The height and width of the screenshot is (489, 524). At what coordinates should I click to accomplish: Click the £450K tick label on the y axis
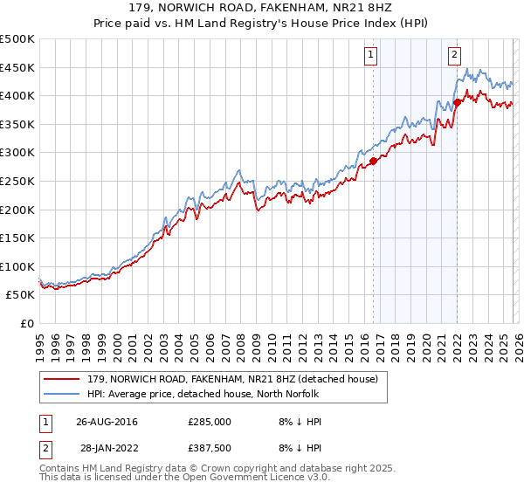tap(17, 67)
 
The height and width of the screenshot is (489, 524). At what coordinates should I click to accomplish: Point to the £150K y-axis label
tap(17, 238)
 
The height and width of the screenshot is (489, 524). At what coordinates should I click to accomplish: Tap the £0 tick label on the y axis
tap(28, 323)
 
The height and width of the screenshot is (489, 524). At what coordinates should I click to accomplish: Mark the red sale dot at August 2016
tap(373, 161)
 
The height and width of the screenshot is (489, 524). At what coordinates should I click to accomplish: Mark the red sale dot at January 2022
tap(457, 102)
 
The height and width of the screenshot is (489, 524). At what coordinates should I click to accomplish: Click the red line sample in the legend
tap(62, 379)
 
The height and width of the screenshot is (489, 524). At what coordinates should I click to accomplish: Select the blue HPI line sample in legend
tap(62, 394)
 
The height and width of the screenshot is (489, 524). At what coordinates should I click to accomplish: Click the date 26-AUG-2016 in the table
tap(107, 422)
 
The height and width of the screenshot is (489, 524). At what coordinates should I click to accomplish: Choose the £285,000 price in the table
tap(210, 422)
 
